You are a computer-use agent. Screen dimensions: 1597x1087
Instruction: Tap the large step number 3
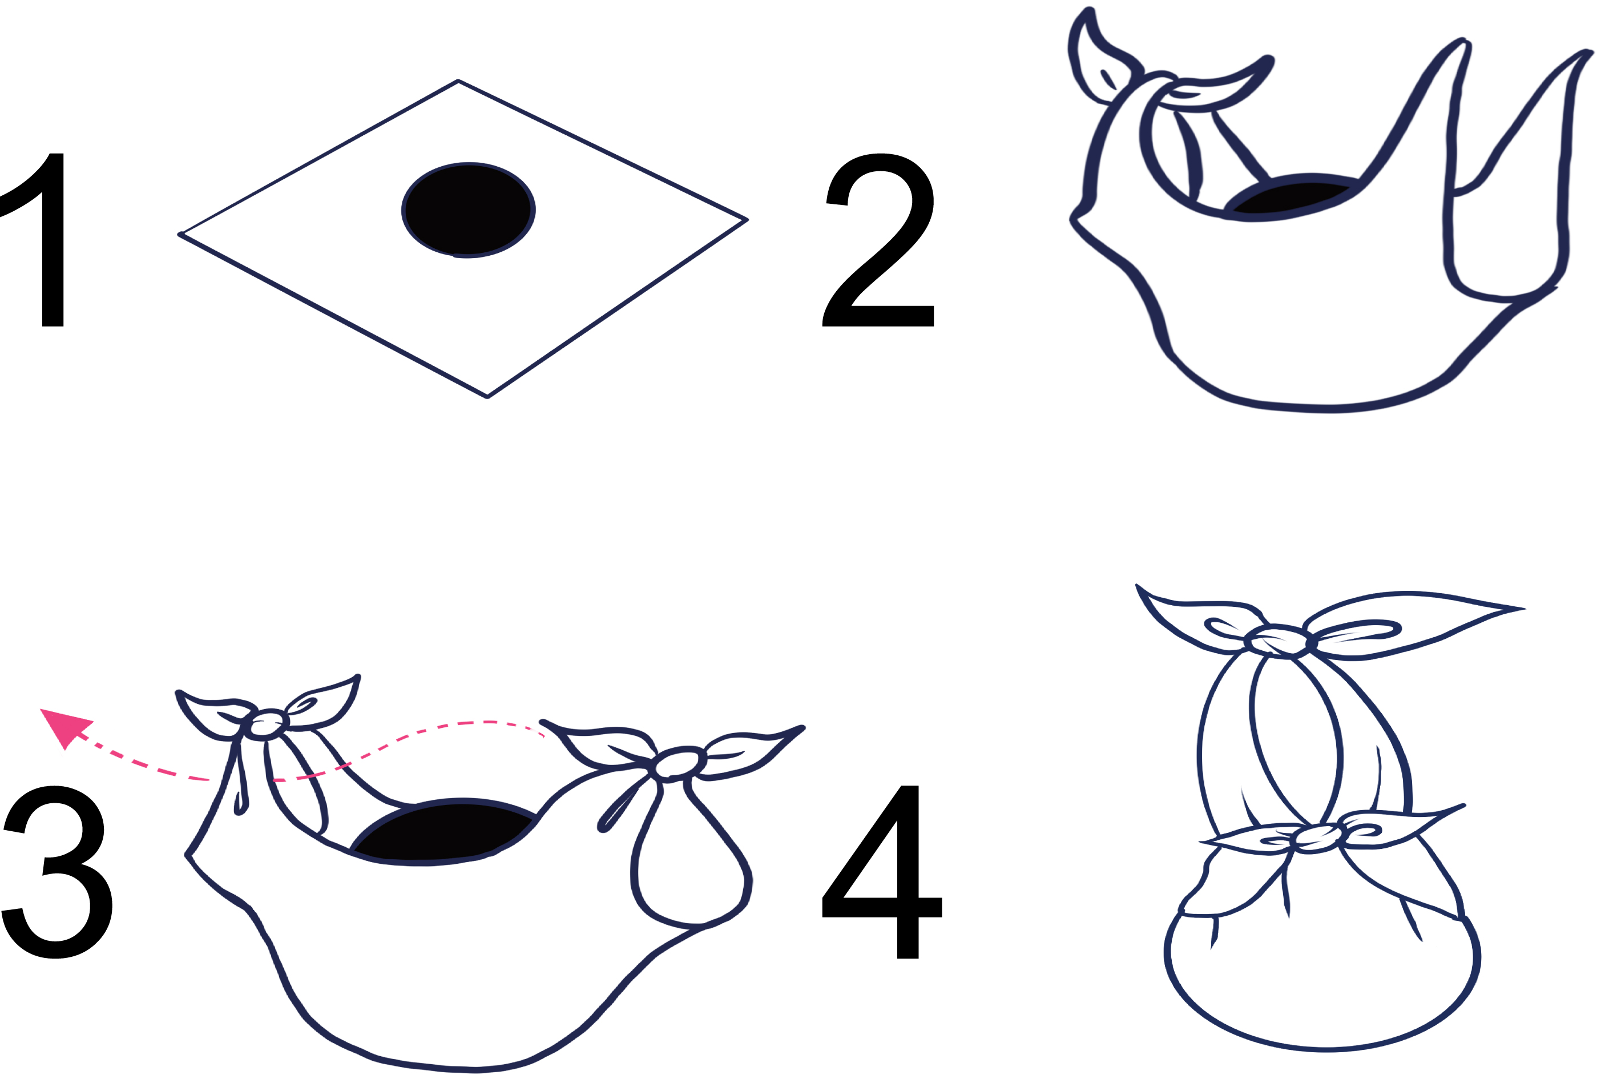click(x=57, y=872)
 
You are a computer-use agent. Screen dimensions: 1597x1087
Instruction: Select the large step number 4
click(x=882, y=872)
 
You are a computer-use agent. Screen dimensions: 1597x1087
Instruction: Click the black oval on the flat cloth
click(x=468, y=210)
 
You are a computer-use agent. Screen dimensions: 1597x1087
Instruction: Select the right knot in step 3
click(x=678, y=763)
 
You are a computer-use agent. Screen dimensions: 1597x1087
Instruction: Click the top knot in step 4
click(x=1277, y=641)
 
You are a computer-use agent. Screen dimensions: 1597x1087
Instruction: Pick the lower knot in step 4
click(x=1317, y=838)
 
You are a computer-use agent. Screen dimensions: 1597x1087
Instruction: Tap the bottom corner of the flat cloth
click(x=487, y=397)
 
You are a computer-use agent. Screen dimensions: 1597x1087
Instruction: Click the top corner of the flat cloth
click(x=458, y=81)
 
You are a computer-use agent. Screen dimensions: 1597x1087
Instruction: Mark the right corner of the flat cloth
click(x=747, y=220)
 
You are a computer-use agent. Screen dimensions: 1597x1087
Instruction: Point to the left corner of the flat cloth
click(x=180, y=235)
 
